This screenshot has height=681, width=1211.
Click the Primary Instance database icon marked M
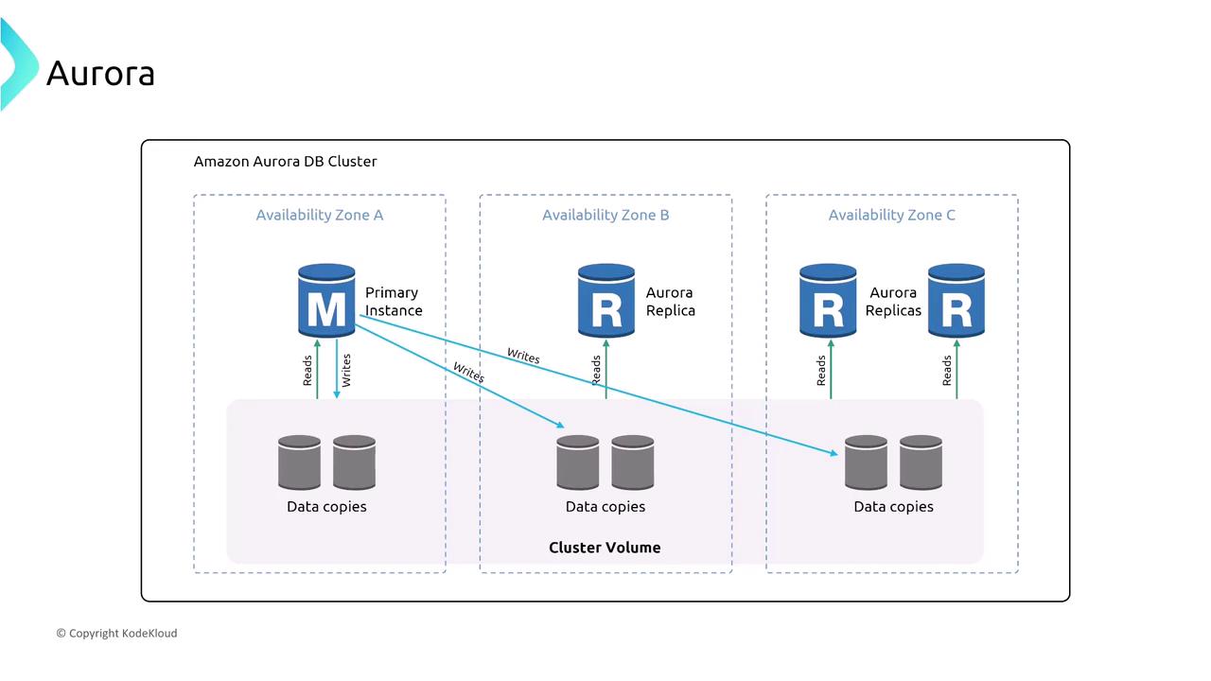click(x=326, y=301)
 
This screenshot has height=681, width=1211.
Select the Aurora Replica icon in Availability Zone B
click(x=606, y=301)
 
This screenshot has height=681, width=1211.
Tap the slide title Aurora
click(x=100, y=73)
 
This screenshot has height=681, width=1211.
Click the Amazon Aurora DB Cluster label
click(x=285, y=162)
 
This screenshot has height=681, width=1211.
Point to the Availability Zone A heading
click(x=320, y=215)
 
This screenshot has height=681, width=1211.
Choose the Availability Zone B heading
click(x=605, y=215)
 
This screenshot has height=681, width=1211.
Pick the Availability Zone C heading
click(x=892, y=215)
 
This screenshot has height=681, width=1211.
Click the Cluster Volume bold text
click(x=605, y=548)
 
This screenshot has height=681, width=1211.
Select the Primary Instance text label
click(x=394, y=302)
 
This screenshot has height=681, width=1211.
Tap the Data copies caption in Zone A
click(x=326, y=507)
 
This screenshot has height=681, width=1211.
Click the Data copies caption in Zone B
click(x=605, y=507)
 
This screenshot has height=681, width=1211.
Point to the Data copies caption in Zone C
click(x=893, y=507)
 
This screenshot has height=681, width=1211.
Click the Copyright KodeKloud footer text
click(x=116, y=633)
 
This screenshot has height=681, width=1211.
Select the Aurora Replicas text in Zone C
click(x=893, y=302)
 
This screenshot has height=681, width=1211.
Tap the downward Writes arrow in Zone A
click(x=337, y=369)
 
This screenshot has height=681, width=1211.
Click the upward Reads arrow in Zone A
click(x=317, y=369)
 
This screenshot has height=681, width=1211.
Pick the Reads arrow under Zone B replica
click(x=605, y=369)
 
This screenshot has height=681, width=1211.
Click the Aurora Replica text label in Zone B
click(x=670, y=302)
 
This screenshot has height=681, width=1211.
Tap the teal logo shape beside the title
click(x=17, y=64)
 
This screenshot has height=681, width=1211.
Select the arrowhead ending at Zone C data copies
click(x=835, y=454)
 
